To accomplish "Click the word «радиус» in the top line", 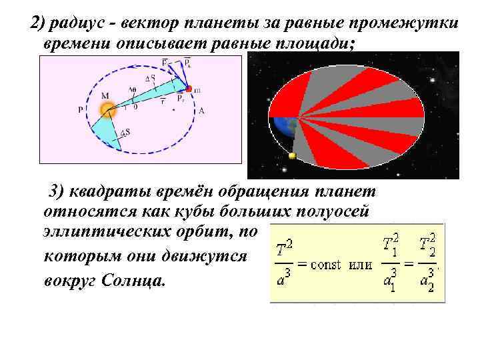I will pyautogui.click(x=78, y=24).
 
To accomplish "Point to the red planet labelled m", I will pyautogui.click(x=189, y=89).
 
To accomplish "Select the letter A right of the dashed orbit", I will pyautogui.click(x=201, y=111).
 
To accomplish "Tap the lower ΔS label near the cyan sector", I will pyautogui.click(x=125, y=132).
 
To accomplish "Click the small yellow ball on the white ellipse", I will pyautogui.click(x=291, y=156).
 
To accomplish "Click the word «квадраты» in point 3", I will pyautogui.click(x=112, y=193).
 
